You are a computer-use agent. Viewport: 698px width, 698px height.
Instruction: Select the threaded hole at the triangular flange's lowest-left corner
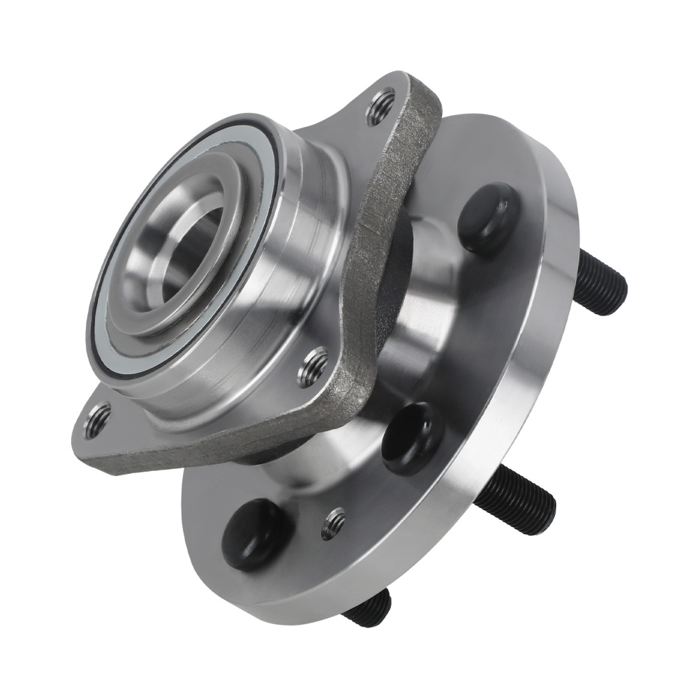point(97,421)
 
